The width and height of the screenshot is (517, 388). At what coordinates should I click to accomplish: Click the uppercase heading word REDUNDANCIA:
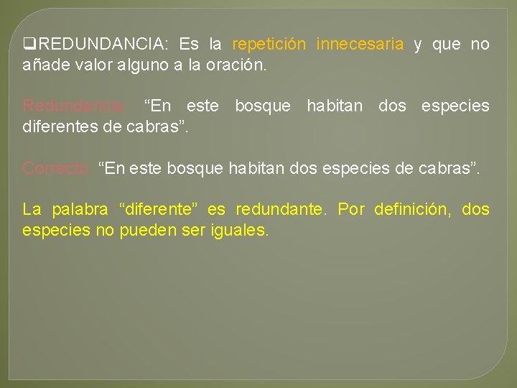coord(100,45)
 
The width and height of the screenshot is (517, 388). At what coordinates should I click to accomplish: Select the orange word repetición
coord(269,45)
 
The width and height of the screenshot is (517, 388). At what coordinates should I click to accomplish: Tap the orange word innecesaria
coord(360,45)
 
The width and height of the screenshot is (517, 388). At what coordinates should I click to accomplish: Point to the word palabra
coord(81,210)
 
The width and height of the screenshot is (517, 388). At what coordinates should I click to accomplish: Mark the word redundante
coord(277,210)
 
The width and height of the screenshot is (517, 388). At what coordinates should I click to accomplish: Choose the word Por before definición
coord(351,210)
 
